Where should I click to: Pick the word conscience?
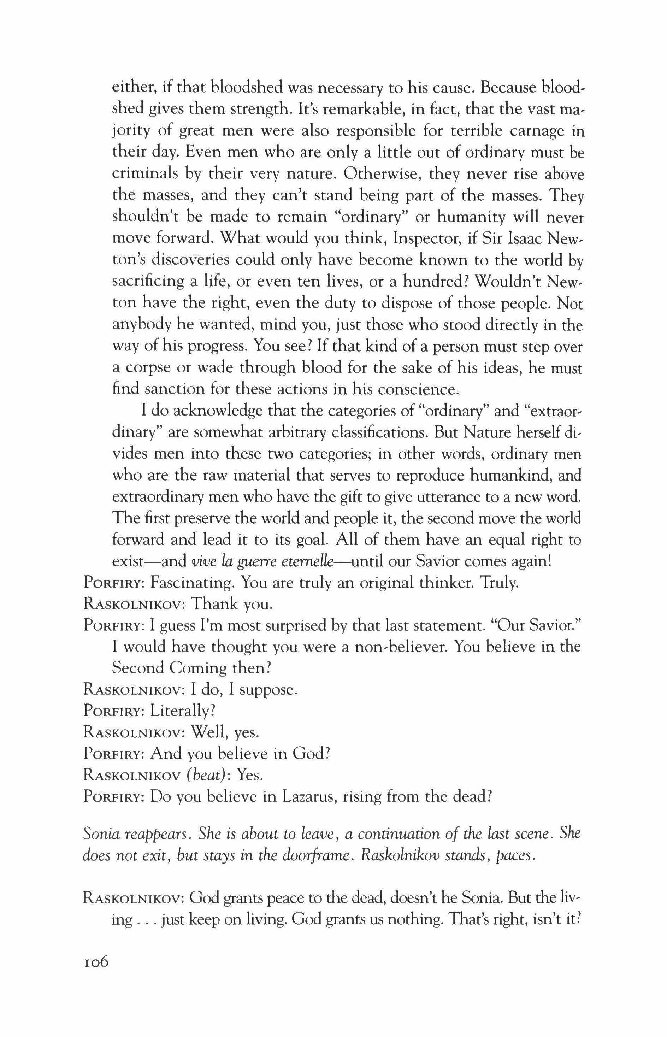coord(418,389)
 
